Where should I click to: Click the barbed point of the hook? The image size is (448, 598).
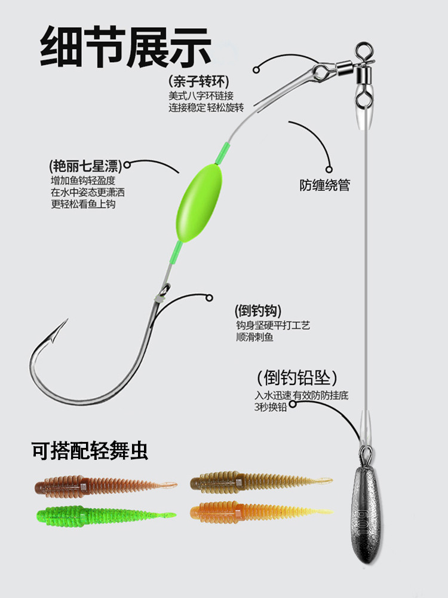pyautogui.click(x=60, y=328)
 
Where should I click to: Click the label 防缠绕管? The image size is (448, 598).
pyautogui.click(x=324, y=185)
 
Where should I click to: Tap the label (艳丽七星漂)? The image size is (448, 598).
pyautogui.click(x=84, y=165)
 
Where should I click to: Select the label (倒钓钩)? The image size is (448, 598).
pyautogui.click(x=258, y=312)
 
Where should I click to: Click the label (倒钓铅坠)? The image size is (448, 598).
pyautogui.click(x=297, y=378)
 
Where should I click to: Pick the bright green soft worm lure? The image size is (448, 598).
pyautogui.click(x=105, y=514)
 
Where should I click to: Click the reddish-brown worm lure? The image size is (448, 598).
pyautogui.click(x=105, y=485)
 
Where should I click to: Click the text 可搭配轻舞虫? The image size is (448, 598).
pyautogui.click(x=90, y=450)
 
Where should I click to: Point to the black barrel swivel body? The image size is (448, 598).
pyautogui.click(x=363, y=76)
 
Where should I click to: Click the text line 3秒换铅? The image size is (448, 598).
pyautogui.click(x=270, y=407)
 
